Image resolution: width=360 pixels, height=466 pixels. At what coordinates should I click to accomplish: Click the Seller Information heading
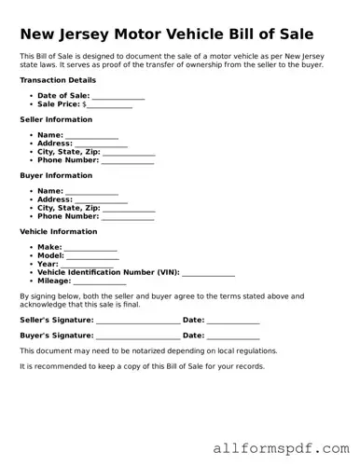tap(56, 120)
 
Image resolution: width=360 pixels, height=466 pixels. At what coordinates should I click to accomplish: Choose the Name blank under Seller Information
tap(91, 136)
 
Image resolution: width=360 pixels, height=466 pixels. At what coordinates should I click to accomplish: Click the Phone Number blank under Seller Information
tap(128, 160)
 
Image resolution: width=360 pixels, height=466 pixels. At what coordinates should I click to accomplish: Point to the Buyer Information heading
tap(56, 175)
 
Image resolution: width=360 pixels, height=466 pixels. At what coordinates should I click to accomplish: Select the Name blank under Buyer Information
tap(91, 192)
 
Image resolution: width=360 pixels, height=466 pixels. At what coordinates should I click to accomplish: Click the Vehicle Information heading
tap(58, 231)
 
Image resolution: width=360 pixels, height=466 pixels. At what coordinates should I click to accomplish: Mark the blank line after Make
tap(90, 248)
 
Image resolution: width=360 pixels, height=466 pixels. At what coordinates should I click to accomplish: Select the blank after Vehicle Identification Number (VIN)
tap(208, 272)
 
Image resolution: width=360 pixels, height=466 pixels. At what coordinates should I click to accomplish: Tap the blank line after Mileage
tap(99, 281)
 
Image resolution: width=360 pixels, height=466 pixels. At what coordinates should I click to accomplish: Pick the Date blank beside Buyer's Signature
tap(233, 336)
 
